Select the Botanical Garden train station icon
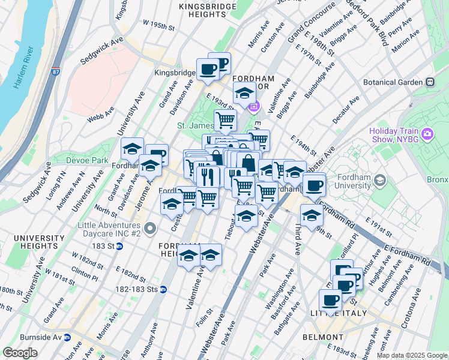pyautogui.click(x=430, y=82)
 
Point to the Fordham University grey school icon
pyautogui.click(x=379, y=179)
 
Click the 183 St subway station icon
pyautogui.click(x=119, y=247)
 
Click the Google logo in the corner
pyautogui.click(x=20, y=352)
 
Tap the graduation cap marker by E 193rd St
pyautogui.click(x=244, y=93)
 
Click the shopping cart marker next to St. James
pyautogui.click(x=225, y=119)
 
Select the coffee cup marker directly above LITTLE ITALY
pyautogui.click(x=330, y=299)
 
